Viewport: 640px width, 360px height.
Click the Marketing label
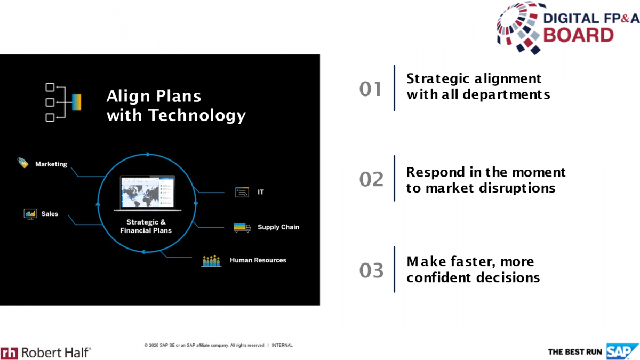coord(51,164)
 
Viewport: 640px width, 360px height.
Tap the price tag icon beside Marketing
coord(22,163)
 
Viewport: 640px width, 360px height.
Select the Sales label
coord(50,214)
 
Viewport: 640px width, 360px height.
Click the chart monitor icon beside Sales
coord(30,214)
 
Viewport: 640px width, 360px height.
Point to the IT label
coord(261,192)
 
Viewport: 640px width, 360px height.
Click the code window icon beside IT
coord(242,192)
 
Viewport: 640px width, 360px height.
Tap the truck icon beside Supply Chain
coord(242,228)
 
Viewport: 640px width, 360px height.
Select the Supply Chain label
coord(278,227)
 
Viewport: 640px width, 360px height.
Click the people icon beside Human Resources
coord(211,261)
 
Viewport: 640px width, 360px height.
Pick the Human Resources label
coord(258,260)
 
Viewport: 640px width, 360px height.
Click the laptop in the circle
coord(147,194)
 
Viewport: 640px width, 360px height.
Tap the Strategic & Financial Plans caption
coord(146,226)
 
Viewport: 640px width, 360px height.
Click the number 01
coord(370,89)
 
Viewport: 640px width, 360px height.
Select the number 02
coord(371,179)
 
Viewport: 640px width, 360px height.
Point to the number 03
coord(371,270)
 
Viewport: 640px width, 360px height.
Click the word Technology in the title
coord(197,115)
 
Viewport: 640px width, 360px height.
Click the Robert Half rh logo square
coord(9,354)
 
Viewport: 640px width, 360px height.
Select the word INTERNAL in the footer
coord(282,345)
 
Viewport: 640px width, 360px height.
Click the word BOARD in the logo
coord(578,35)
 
